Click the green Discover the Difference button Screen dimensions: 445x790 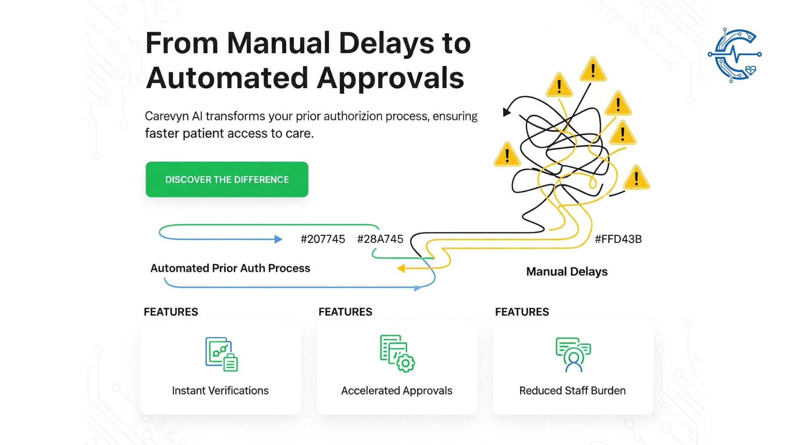pos(227,179)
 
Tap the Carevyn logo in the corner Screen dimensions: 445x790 pos(735,55)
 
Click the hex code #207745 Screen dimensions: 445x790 pos(323,239)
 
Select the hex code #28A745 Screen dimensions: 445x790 pos(380,239)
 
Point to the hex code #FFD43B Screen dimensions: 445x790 pos(618,239)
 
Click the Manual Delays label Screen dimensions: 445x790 pos(567,272)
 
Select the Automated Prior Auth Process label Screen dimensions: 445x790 pos(230,268)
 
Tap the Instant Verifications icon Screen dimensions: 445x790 pos(221,354)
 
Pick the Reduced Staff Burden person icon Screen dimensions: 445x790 pos(573,354)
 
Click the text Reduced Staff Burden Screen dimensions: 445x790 pos(572,391)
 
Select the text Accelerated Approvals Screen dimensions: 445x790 pos(397,391)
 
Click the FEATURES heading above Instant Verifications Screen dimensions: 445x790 pos(171,312)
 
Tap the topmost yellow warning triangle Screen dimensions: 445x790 pos(593,70)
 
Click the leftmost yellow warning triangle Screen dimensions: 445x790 pos(507,156)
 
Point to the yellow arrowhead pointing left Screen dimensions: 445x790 pos(401,269)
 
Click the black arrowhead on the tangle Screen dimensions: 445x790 pos(507,112)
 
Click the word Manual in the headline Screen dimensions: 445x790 pos(279,43)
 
